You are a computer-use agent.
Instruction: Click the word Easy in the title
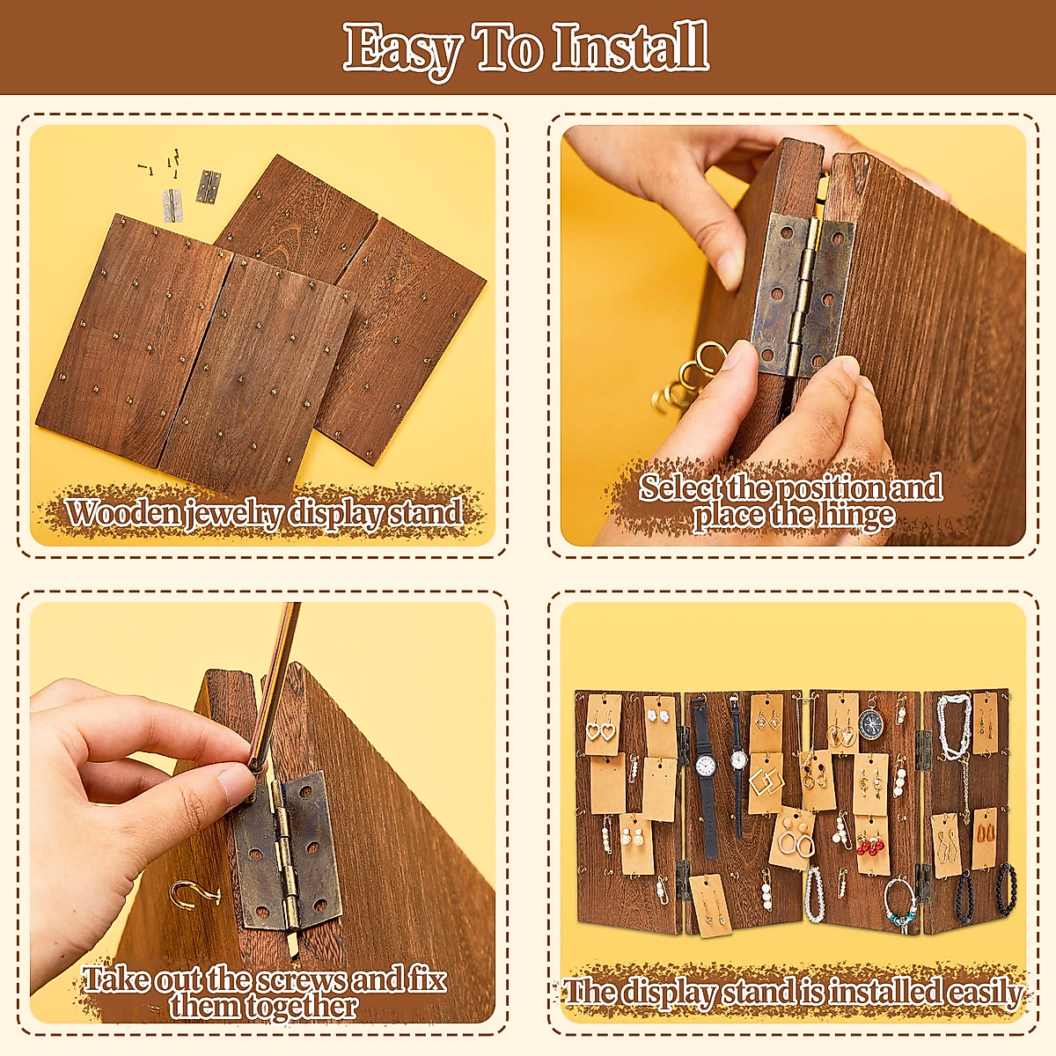point(402,49)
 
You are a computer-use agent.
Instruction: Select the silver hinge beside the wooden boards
point(172,205)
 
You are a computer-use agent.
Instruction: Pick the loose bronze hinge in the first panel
point(208,186)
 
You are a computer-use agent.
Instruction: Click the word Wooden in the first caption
point(124,513)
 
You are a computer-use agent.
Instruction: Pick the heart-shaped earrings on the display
point(603,730)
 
